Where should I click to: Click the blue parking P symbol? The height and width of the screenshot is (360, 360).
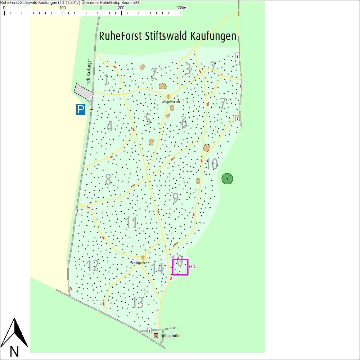tap(81, 109)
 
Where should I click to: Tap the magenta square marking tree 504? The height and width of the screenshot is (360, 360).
tap(180, 267)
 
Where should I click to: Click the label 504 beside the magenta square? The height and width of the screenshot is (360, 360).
tap(192, 267)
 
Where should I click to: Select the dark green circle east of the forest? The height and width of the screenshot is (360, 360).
tap(227, 179)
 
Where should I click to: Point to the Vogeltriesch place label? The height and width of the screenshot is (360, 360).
tap(171, 102)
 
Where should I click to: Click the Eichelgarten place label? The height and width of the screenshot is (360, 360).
tap(139, 263)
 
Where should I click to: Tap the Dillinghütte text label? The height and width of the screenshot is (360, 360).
tap(170, 336)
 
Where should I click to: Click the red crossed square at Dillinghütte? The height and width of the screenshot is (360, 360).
tap(156, 336)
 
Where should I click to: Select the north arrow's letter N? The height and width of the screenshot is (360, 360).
tap(14, 351)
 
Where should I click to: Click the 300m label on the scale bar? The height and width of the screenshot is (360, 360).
tap(181, 8)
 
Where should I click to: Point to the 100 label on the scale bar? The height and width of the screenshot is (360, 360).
tap(63, 8)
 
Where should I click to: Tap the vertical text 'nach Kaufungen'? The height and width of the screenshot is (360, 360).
tap(89, 72)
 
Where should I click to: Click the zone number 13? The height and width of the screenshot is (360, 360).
tap(138, 303)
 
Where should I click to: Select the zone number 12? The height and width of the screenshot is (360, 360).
tap(93, 266)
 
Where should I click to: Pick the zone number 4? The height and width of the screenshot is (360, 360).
tap(110, 126)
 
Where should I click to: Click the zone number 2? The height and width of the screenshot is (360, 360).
tap(154, 74)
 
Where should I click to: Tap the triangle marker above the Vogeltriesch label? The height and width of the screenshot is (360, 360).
tap(168, 97)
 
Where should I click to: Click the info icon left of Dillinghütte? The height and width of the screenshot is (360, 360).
tap(149, 330)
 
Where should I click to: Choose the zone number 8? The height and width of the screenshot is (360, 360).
tap(108, 180)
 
